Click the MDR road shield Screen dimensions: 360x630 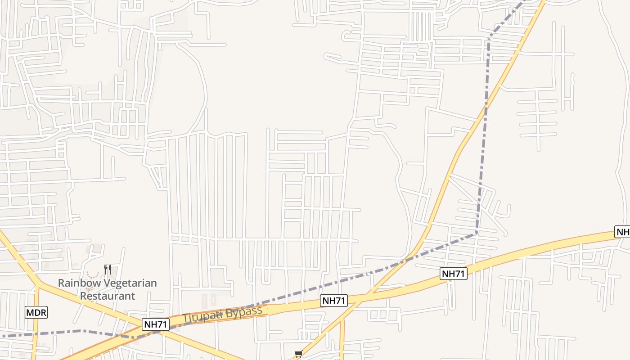36,312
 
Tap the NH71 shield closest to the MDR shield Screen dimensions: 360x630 156,324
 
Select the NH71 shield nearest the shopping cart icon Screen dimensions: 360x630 334,301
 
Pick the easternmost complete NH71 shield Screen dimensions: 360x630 454,273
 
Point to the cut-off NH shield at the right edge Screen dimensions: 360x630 623,232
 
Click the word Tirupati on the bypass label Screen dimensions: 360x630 202,316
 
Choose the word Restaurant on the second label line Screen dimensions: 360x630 108,296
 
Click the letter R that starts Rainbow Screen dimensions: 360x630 61,283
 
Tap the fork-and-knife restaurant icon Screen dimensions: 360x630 107,270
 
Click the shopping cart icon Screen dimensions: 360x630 298,355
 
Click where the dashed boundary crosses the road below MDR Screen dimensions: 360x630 36,334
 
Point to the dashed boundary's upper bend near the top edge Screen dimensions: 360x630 490,34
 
